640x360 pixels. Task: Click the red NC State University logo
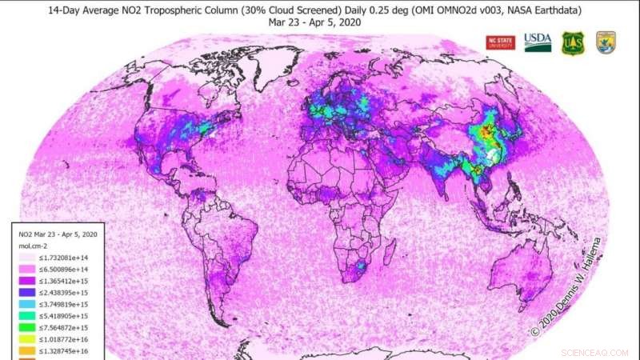click(502, 42)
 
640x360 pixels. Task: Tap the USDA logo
click(538, 42)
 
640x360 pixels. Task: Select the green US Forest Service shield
click(572, 43)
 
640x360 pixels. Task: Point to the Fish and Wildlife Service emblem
click(605, 43)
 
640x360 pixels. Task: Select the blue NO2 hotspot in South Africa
click(362, 265)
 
